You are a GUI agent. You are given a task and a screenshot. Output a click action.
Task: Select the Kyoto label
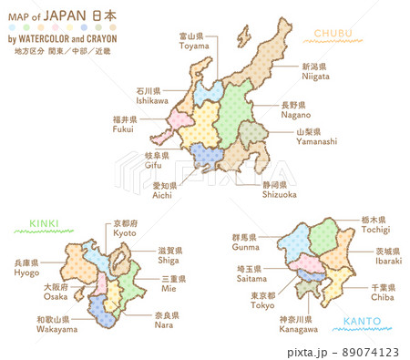(x=126, y=229)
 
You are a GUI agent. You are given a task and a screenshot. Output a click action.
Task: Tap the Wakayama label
(x=57, y=325)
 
